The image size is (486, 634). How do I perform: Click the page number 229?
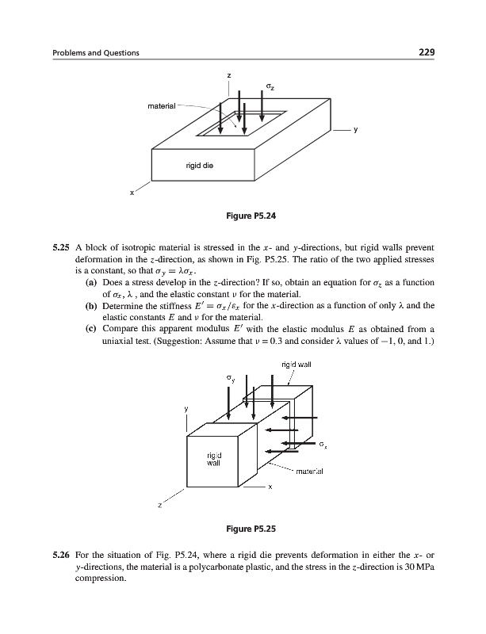click(x=428, y=52)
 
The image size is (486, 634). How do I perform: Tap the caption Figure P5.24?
click(x=243, y=215)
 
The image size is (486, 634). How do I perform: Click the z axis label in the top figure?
click(x=228, y=75)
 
